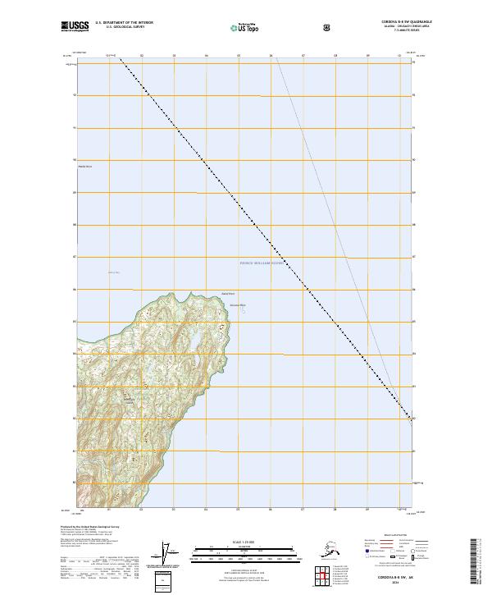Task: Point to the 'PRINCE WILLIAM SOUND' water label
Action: pyautogui.click(x=262, y=263)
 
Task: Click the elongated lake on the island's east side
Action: pyautogui.click(x=199, y=338)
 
